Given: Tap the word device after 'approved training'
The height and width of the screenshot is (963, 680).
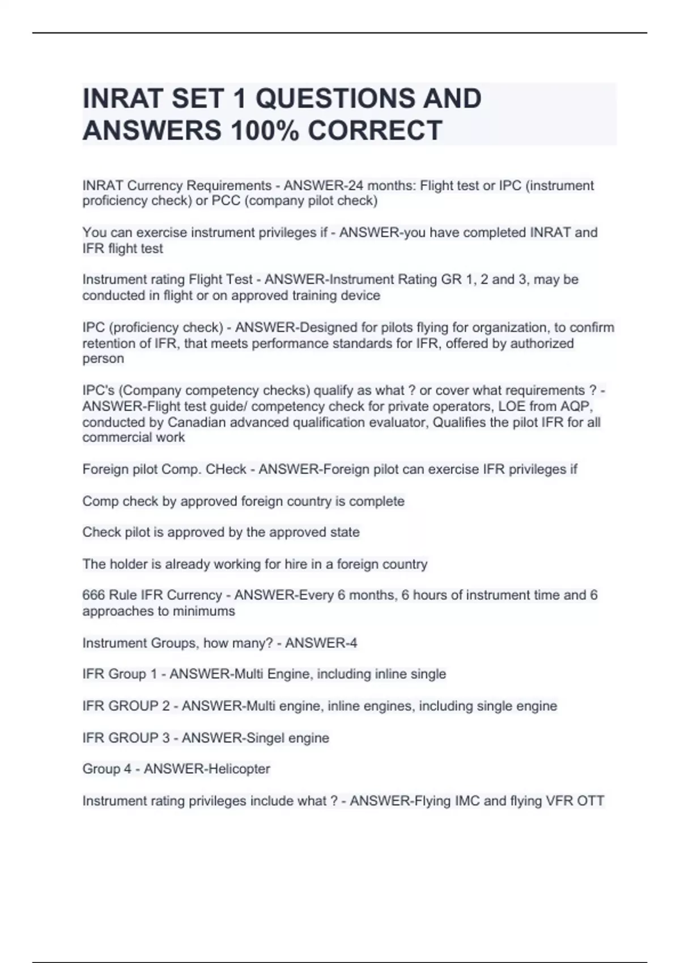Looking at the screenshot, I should tap(361, 296).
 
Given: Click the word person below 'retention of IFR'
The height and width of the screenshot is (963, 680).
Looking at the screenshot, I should tap(103, 359).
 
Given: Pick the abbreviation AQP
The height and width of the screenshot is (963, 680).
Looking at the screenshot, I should tap(575, 406).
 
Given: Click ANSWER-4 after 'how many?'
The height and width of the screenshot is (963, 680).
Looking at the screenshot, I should tap(321, 643).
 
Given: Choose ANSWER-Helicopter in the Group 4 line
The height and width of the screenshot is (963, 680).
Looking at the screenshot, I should tap(207, 769).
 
